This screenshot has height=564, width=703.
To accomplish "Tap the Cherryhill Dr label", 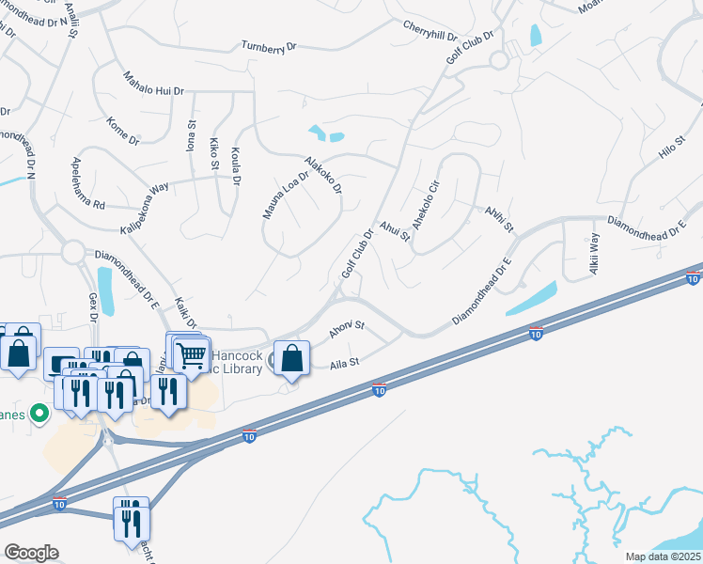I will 430,30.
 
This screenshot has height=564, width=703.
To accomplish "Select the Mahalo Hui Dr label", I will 154,84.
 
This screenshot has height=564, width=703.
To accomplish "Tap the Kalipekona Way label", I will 144,199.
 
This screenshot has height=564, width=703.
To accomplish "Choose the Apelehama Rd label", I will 85,184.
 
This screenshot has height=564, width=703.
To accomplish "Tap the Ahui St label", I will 396,230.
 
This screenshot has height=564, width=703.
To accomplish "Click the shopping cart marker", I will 192,354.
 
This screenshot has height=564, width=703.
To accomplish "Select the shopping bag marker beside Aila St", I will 292,358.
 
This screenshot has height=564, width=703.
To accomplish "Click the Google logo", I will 31,553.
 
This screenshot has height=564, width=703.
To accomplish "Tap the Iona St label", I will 191,136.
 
